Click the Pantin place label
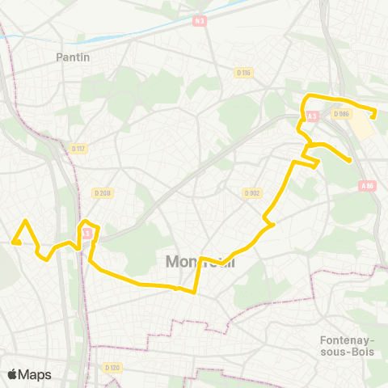pyautogui.click(x=73, y=57)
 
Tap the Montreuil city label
pyautogui.click(x=200, y=262)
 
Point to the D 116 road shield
pyautogui.click(x=245, y=73)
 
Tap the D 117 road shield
pyautogui.click(x=78, y=148)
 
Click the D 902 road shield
pyautogui.click(x=251, y=192)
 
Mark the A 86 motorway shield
pyautogui.click(x=367, y=185)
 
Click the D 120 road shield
pyautogui.click(x=112, y=367)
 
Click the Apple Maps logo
pyautogui.click(x=29, y=374)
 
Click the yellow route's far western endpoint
pyautogui.click(x=14, y=241)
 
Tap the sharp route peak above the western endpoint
pyautogui.click(x=26, y=221)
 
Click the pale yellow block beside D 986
pyautogui.click(x=365, y=127)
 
